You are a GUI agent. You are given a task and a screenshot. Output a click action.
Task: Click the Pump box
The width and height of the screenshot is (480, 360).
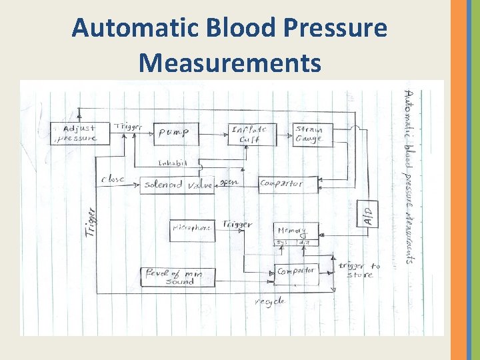[x=176, y=133]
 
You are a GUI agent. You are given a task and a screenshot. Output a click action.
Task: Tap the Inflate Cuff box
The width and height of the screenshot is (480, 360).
[x=251, y=134]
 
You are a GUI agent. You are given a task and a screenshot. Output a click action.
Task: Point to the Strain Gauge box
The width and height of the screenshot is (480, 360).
[x=313, y=134]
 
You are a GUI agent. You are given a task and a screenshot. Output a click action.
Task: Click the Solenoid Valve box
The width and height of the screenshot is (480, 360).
[x=177, y=185]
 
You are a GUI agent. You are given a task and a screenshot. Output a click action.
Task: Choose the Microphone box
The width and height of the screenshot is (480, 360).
[x=191, y=229]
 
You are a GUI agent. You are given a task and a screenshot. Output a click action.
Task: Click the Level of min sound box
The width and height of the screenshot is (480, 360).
[x=177, y=277]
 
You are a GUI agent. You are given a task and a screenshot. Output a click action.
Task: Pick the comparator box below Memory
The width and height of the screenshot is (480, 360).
[x=297, y=272]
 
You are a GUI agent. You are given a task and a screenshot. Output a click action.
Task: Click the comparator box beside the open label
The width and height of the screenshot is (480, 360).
[x=288, y=184]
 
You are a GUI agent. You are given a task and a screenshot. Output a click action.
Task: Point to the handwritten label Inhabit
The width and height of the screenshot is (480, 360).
[x=173, y=163]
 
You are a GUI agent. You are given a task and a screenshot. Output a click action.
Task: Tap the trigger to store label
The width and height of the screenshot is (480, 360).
[x=360, y=270]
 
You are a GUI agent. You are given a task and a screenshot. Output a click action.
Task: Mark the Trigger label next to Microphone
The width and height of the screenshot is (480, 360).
[x=237, y=225]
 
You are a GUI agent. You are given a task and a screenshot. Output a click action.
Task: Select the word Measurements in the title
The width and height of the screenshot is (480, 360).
[x=229, y=63]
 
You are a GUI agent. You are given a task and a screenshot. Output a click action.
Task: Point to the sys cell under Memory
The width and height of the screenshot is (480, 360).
[x=282, y=243]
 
